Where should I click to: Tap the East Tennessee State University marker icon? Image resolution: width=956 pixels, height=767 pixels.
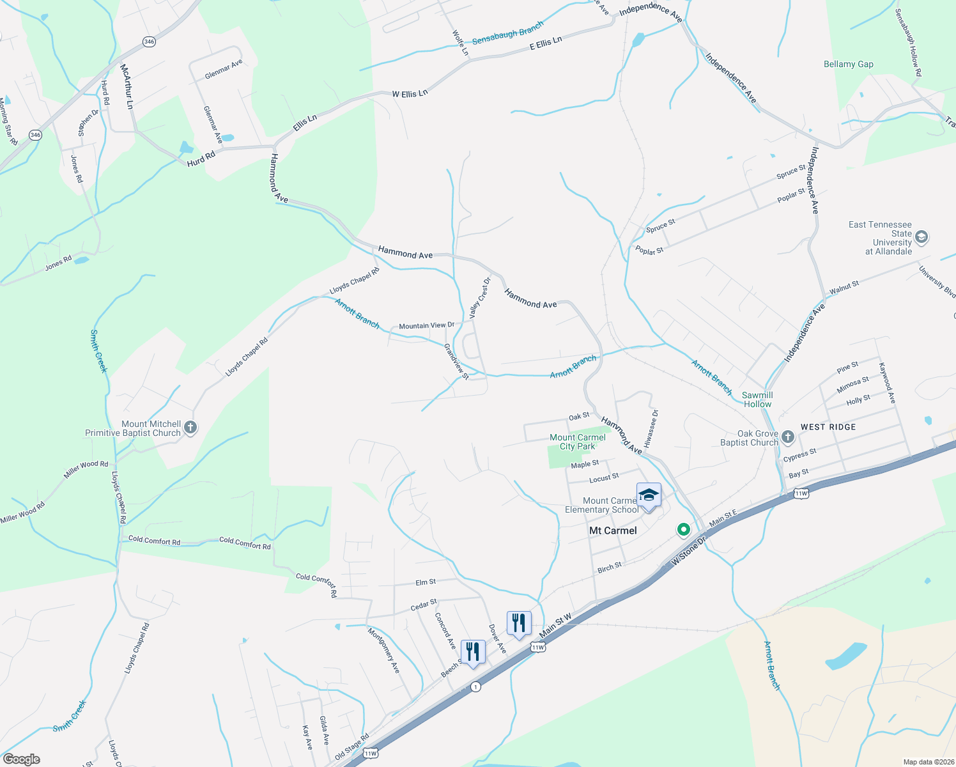point(921,238)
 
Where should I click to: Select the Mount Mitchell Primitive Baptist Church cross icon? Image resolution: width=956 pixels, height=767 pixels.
point(190,428)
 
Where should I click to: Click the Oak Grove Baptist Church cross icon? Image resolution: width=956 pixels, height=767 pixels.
point(788,437)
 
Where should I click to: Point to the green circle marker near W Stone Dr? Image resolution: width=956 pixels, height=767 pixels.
point(684,529)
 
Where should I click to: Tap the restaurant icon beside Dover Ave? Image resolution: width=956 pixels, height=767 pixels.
point(519,623)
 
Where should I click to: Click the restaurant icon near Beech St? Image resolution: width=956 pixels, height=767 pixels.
point(472,651)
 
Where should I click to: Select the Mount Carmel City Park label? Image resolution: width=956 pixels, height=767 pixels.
point(578,442)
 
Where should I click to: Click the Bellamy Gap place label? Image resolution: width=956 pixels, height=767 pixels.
point(848,64)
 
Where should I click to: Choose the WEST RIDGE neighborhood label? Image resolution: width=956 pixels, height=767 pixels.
point(828,427)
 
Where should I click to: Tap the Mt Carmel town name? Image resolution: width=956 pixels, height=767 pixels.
point(613,531)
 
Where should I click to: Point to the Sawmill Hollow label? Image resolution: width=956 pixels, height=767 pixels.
point(757,399)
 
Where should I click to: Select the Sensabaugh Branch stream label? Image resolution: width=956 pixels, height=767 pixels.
point(507,33)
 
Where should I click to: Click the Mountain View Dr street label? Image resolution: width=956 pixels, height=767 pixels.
point(426,325)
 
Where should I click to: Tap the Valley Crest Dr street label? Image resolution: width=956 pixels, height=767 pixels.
point(480,298)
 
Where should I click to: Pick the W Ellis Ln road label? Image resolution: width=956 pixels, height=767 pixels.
point(410,93)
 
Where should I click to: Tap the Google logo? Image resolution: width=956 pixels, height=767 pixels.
point(21,759)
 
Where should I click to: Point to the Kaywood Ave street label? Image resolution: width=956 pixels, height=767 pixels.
point(887,383)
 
